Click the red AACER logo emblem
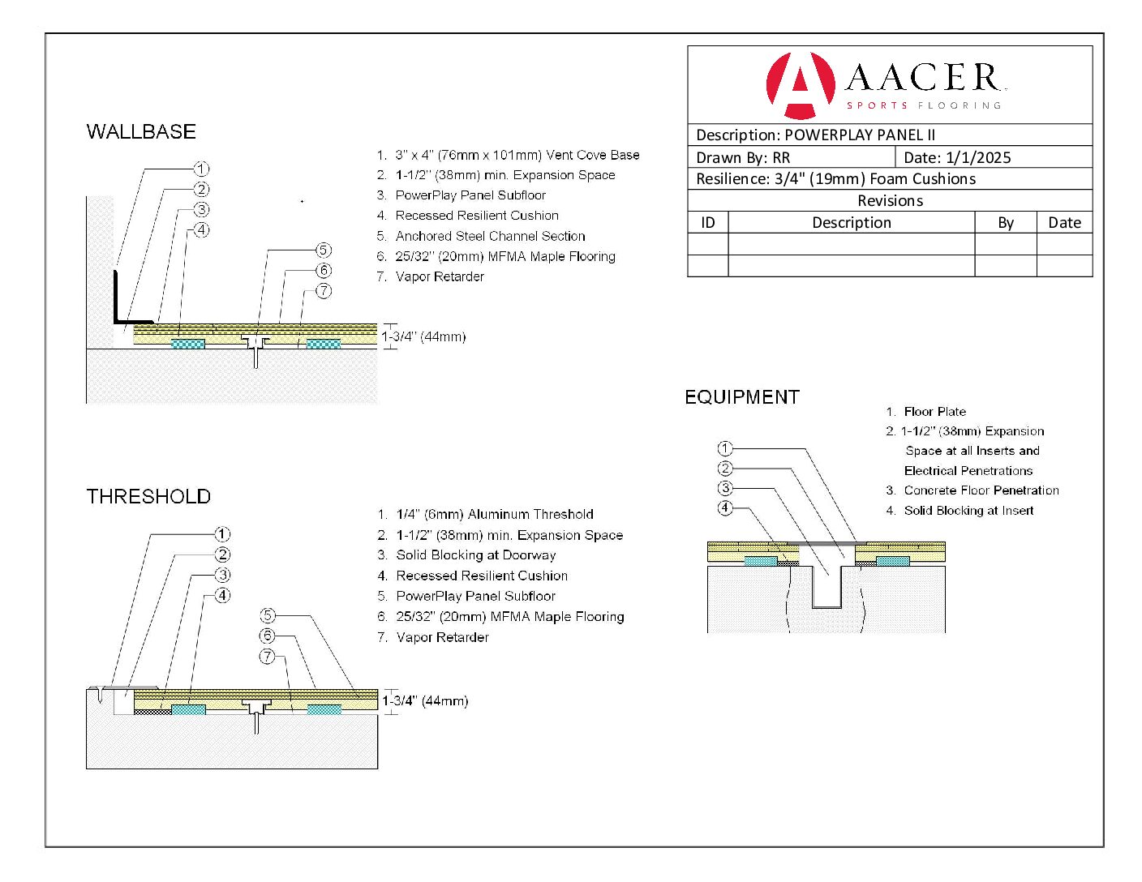(x=800, y=85)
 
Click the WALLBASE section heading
(x=141, y=132)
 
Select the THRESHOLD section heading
(x=148, y=497)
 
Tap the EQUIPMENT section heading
(x=742, y=397)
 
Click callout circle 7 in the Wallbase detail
(x=324, y=291)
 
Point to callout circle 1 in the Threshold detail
(x=222, y=534)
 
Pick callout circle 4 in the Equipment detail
(x=725, y=508)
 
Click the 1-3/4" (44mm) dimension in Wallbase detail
(x=424, y=336)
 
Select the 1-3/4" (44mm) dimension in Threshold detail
(x=425, y=700)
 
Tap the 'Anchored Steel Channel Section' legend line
(x=490, y=236)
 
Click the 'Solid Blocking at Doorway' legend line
(x=475, y=555)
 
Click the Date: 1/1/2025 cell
(x=957, y=157)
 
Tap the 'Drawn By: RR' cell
(x=743, y=157)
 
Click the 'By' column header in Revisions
(x=1006, y=223)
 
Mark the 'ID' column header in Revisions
(x=708, y=223)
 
